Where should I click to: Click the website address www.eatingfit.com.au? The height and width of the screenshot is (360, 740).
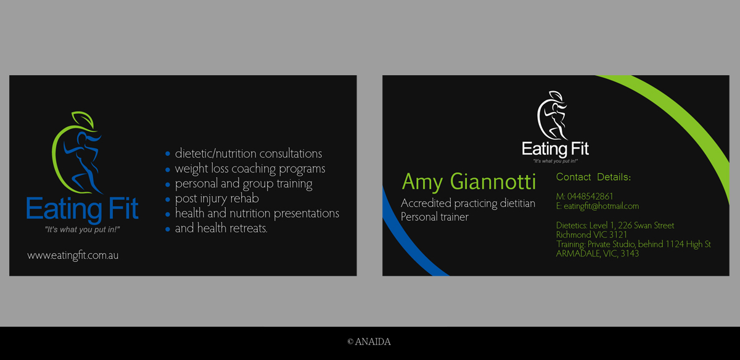click(x=73, y=255)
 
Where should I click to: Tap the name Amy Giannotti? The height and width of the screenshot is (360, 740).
click(x=469, y=182)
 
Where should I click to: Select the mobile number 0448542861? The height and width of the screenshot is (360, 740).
click(x=590, y=197)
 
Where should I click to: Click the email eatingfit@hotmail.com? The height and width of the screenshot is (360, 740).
click(x=601, y=206)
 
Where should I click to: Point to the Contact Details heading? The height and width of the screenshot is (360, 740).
click(x=593, y=177)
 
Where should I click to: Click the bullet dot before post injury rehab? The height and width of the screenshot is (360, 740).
click(x=168, y=199)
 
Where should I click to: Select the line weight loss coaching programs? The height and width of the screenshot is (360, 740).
click(x=250, y=169)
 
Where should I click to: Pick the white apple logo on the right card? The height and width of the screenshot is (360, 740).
click(x=553, y=116)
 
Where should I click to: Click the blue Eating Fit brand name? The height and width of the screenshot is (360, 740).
click(x=82, y=209)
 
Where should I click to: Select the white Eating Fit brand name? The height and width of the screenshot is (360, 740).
click(x=555, y=149)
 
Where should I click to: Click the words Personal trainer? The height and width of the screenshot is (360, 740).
click(x=434, y=217)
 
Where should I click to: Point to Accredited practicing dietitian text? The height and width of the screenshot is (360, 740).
click(x=468, y=203)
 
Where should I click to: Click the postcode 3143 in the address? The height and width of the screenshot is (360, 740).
click(x=630, y=253)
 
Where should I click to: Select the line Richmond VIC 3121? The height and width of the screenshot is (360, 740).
click(x=591, y=235)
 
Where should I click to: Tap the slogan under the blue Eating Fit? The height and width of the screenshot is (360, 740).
click(x=82, y=229)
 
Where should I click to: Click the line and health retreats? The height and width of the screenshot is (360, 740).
click(x=221, y=228)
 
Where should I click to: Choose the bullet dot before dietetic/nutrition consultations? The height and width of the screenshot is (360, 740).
click(x=168, y=153)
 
